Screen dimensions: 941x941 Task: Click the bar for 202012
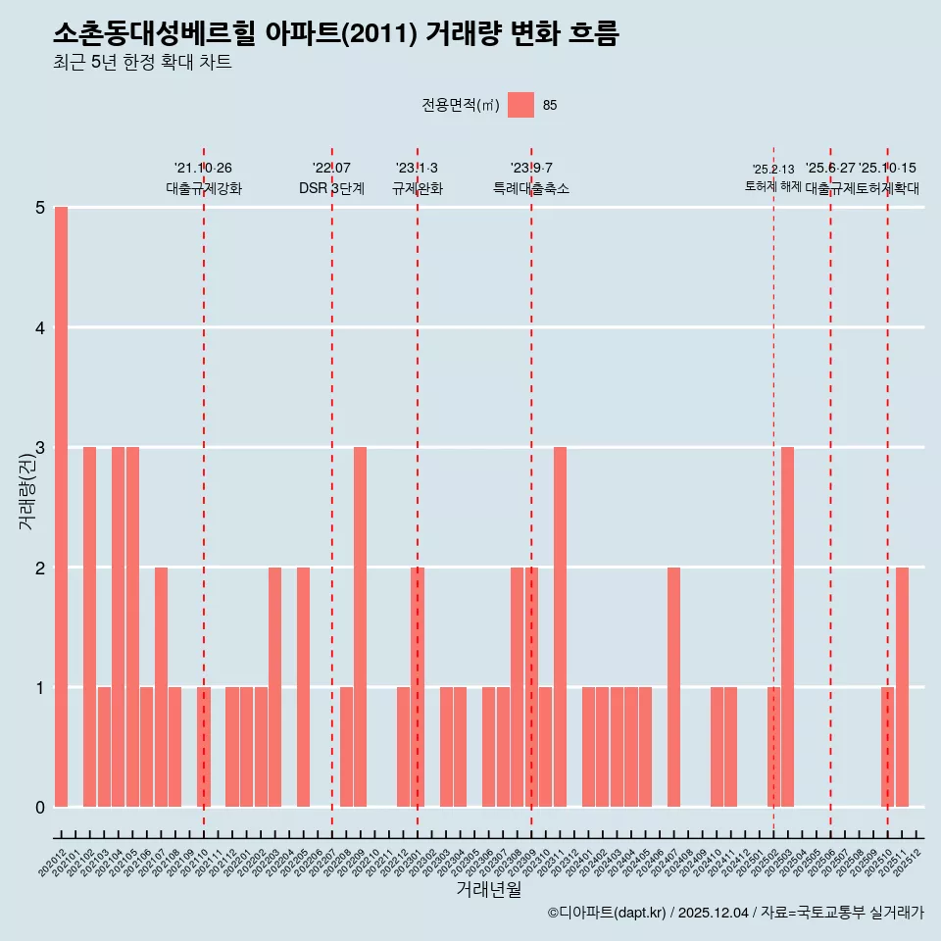click(61, 507)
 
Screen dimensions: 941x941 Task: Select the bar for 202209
click(361, 627)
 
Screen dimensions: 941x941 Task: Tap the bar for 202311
click(560, 627)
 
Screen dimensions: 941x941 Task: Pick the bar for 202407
click(673, 687)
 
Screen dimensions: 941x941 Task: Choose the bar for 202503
click(787, 627)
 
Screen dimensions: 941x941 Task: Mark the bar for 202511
click(902, 687)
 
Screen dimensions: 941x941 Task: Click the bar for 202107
click(161, 687)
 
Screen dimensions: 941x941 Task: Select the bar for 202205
click(303, 687)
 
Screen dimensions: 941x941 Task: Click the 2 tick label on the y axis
click(40, 568)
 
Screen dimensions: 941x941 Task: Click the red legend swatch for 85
click(520, 105)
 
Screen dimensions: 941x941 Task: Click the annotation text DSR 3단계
click(331, 188)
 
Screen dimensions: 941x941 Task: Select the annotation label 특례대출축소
click(530, 188)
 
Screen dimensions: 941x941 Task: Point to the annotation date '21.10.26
click(203, 169)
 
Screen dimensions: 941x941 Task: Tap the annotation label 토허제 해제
click(773, 186)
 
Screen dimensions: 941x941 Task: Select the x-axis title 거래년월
click(488, 889)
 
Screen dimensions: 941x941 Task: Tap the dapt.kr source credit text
click(735, 913)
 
